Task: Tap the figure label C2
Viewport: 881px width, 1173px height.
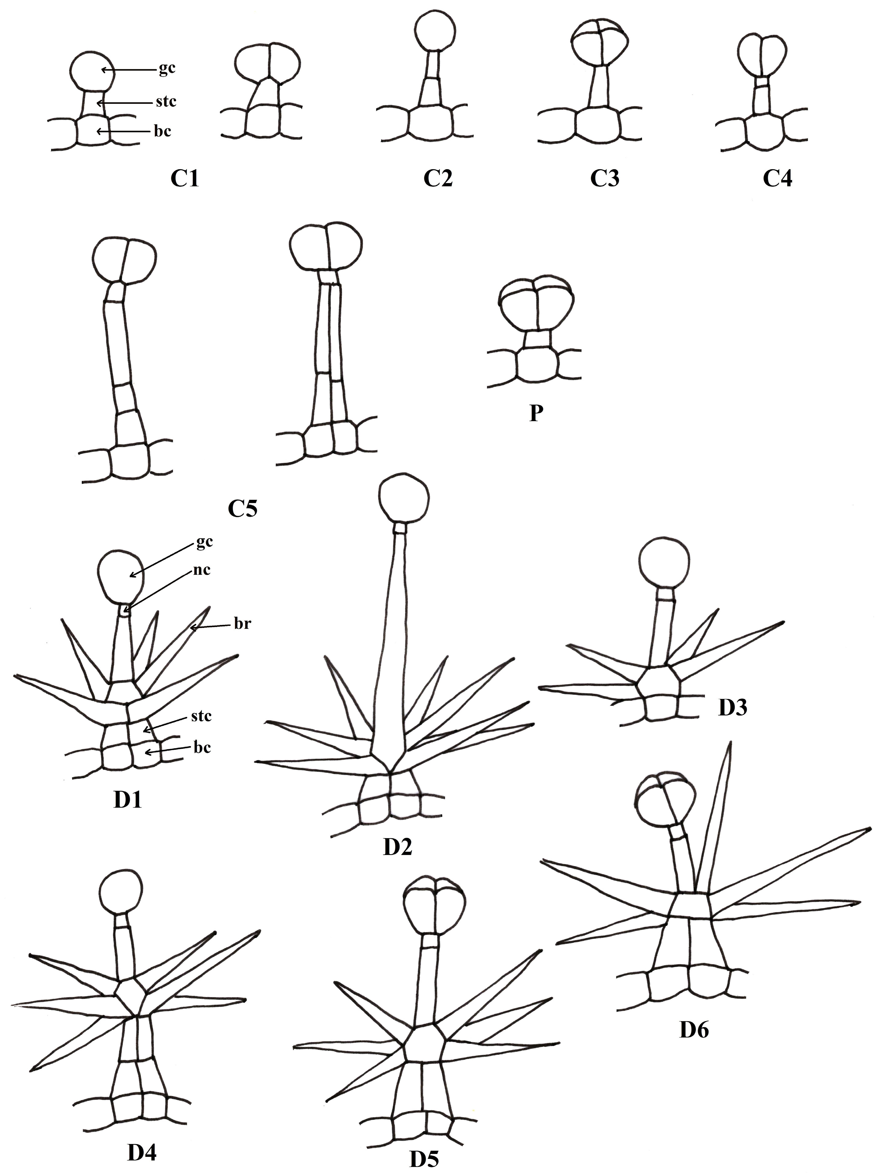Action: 437,179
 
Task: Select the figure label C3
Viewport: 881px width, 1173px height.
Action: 605,179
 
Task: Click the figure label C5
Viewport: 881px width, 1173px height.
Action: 242,509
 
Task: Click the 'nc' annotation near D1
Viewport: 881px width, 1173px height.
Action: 202,570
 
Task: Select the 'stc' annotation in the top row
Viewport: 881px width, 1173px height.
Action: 166,101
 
